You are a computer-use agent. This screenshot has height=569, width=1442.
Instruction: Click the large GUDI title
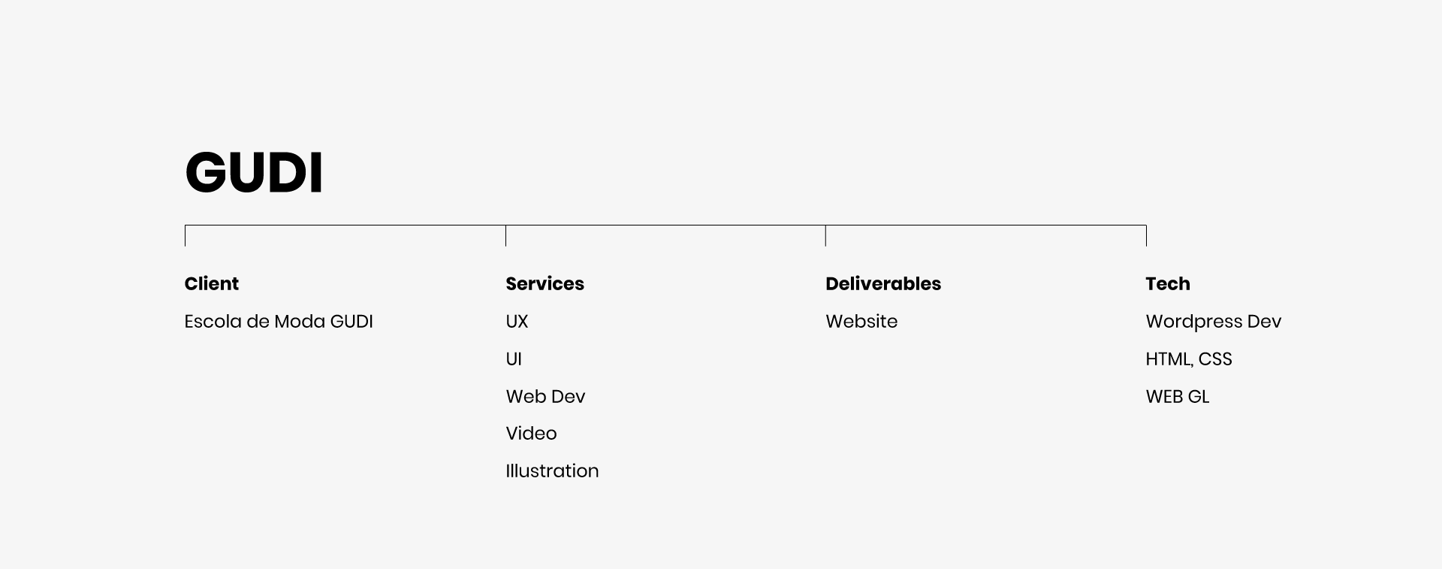(x=254, y=172)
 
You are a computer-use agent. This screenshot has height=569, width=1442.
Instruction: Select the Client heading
(x=212, y=283)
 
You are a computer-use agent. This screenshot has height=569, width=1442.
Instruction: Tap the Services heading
(x=545, y=283)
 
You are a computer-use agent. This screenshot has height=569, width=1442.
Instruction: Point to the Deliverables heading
(x=883, y=283)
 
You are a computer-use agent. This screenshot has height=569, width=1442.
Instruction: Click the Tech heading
(x=1168, y=283)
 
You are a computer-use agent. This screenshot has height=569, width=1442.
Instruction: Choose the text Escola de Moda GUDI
(x=279, y=322)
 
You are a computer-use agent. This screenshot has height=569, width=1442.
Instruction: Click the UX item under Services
(x=517, y=322)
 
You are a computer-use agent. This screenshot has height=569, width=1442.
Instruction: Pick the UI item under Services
(x=514, y=359)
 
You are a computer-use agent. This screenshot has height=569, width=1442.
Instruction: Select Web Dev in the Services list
(x=545, y=396)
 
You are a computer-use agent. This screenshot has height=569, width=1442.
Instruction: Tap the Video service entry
(x=531, y=434)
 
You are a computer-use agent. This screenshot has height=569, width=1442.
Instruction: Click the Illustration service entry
(x=552, y=471)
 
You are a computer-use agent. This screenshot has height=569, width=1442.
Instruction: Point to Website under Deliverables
(x=861, y=322)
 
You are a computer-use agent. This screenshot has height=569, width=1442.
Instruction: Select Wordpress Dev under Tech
(x=1214, y=322)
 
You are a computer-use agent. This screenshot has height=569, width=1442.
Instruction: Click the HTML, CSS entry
(x=1189, y=359)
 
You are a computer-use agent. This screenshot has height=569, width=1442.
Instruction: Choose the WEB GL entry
(x=1178, y=396)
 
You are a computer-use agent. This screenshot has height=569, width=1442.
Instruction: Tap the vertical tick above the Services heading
(x=505, y=236)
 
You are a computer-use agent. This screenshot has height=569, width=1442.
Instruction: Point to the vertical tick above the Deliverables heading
(x=825, y=236)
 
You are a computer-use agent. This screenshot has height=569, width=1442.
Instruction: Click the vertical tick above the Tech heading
(x=1146, y=236)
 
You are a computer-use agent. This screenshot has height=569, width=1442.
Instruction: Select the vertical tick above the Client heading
(x=186, y=236)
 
